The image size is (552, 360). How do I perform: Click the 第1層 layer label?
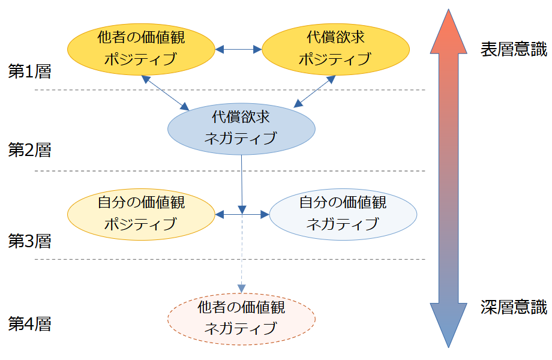[x=29, y=72]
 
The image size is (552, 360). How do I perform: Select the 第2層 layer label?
[x=29, y=150]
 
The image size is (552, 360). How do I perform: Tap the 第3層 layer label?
[x=29, y=241]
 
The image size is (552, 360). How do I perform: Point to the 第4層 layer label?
[x=29, y=325]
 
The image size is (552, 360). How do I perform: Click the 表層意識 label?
[x=514, y=50]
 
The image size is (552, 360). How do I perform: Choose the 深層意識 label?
[x=514, y=308]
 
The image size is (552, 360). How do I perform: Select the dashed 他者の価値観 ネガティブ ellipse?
[x=241, y=318]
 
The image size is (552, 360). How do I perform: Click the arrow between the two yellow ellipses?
[x=238, y=49]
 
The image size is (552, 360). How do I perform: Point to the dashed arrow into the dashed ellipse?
[x=241, y=258]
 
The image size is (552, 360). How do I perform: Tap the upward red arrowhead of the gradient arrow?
[x=449, y=33]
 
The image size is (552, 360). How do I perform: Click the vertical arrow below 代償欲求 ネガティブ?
[x=241, y=180]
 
